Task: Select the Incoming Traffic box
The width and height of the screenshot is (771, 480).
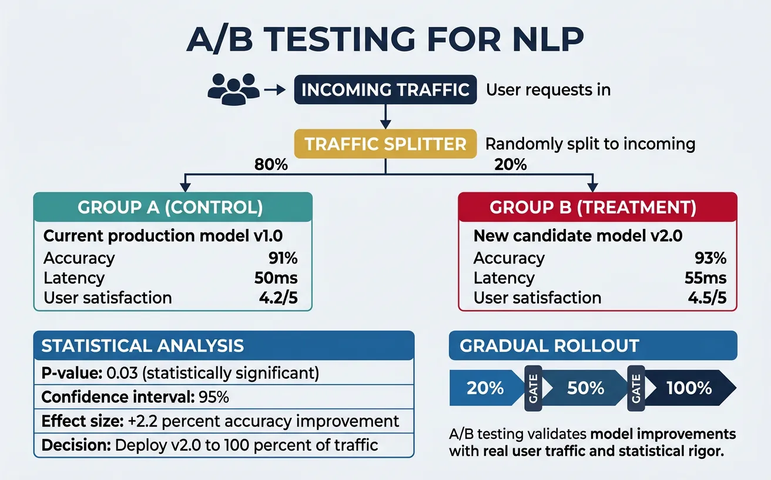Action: click(x=385, y=89)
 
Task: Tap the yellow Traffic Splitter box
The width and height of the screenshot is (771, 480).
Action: click(x=385, y=144)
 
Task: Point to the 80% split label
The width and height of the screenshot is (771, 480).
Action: click(x=271, y=165)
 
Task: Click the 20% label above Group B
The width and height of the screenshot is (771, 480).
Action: click(x=510, y=165)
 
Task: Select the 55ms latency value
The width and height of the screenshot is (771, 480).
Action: click(x=705, y=278)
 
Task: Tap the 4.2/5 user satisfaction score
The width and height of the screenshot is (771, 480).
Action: click(x=278, y=298)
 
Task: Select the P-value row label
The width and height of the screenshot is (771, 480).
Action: click(x=64, y=373)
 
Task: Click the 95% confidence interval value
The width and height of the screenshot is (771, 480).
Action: click(x=214, y=397)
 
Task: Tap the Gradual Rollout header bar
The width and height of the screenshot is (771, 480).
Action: click(x=592, y=345)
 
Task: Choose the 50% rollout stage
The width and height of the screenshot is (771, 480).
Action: click(x=586, y=388)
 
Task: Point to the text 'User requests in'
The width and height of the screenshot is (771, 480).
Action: click(x=548, y=89)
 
